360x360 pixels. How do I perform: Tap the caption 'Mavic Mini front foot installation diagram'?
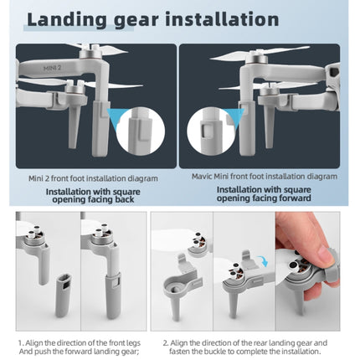[265, 177]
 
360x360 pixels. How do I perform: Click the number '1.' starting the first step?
[20, 342]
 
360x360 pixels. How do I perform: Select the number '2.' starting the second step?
[166, 342]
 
